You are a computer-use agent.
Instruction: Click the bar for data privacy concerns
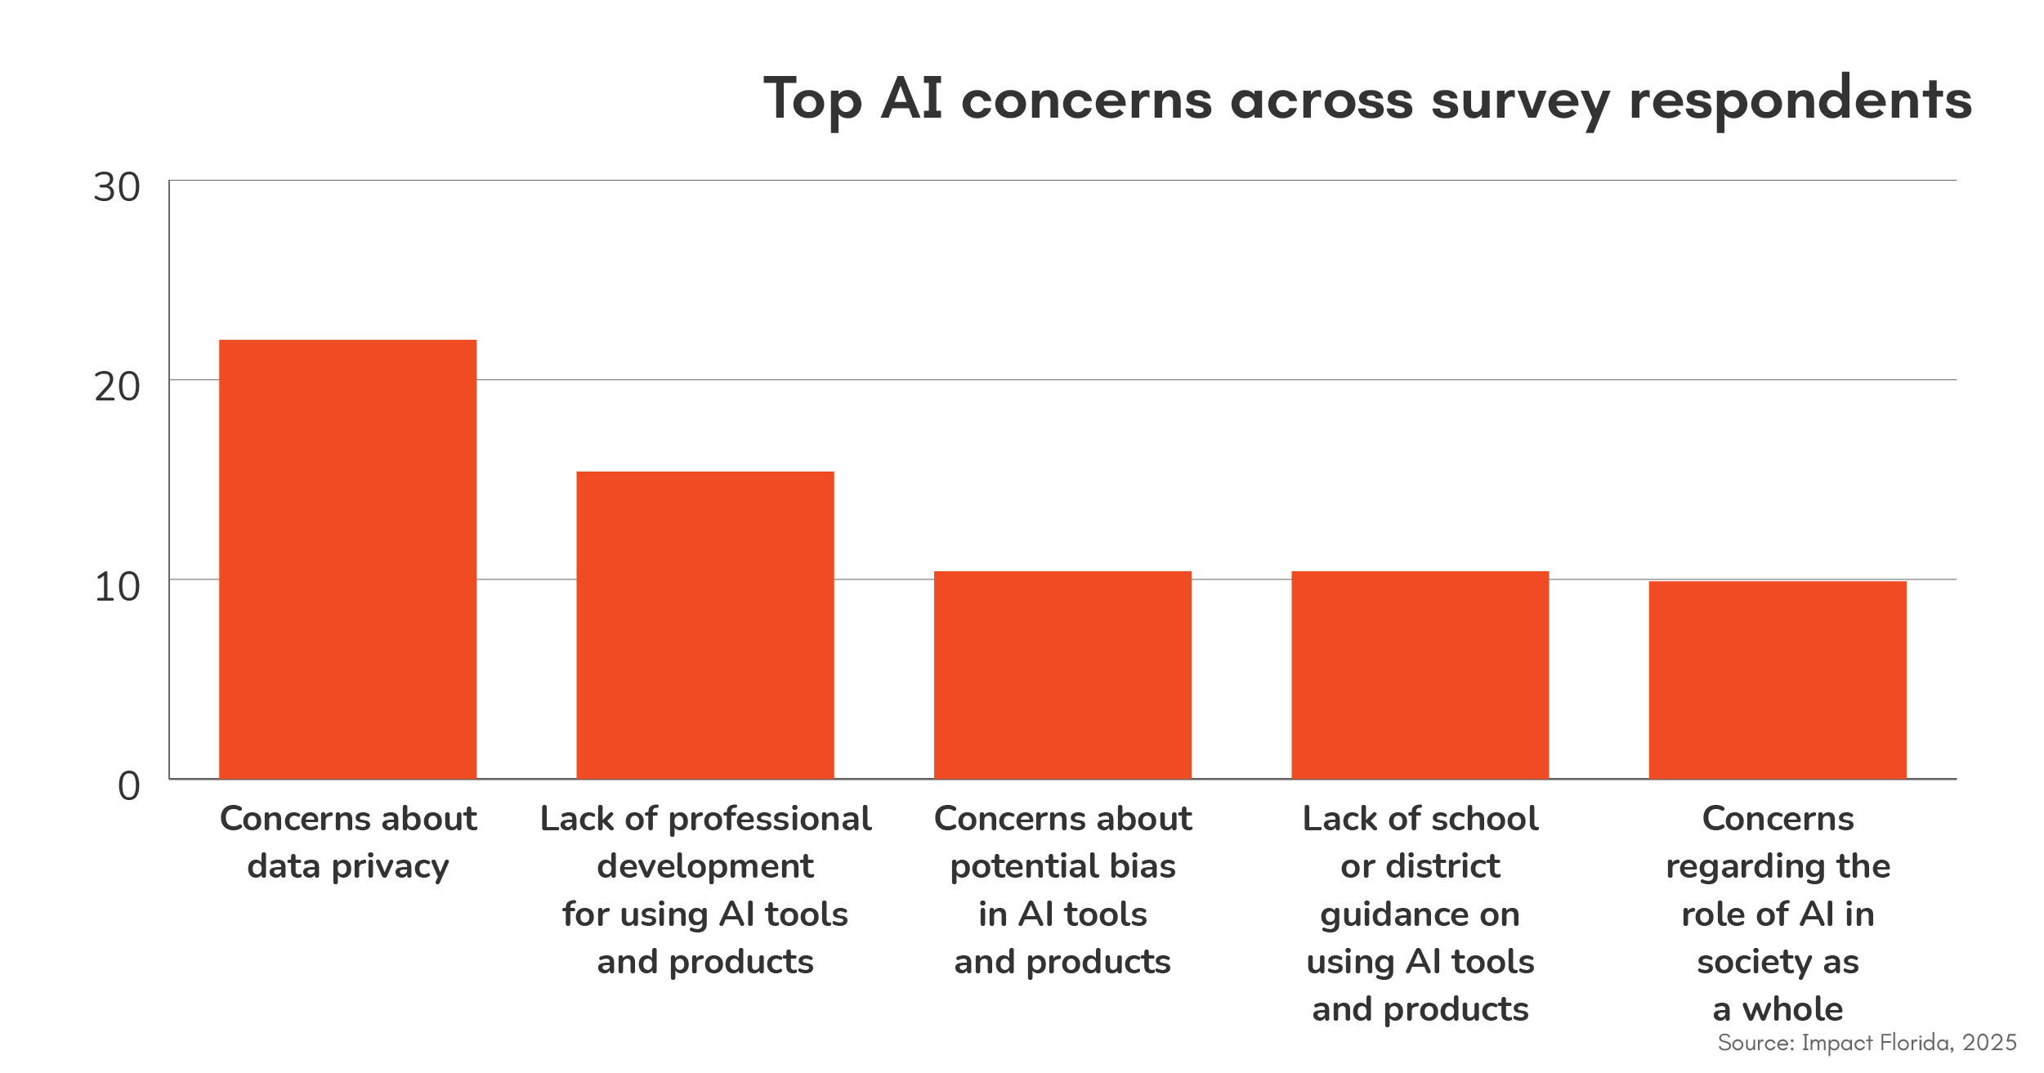[x=347, y=559]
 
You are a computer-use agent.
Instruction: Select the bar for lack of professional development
[x=704, y=625]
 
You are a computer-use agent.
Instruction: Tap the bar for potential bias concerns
[x=1062, y=675]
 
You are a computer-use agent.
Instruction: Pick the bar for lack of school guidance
[x=1420, y=675]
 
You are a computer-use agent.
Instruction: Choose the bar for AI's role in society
[x=1777, y=680]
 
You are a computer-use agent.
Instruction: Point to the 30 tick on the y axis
[x=117, y=188]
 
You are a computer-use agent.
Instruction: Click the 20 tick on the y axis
[x=117, y=387]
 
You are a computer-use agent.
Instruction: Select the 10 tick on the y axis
[x=117, y=588]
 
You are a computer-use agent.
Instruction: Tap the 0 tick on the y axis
[x=128, y=787]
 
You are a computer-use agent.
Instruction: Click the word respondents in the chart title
[x=1800, y=101]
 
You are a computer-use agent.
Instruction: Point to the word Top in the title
[x=812, y=101]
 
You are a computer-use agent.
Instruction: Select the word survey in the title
[x=1520, y=101]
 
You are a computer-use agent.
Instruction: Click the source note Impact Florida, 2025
[x=1867, y=1043]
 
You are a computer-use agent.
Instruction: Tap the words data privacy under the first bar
[x=347, y=867]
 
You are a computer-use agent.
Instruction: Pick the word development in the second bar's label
[x=704, y=867]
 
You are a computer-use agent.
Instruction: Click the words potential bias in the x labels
[x=1062, y=866]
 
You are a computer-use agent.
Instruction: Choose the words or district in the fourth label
[x=1420, y=866]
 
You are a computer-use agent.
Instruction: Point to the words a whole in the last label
[x=1778, y=1009]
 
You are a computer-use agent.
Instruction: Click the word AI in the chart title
[x=911, y=99]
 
